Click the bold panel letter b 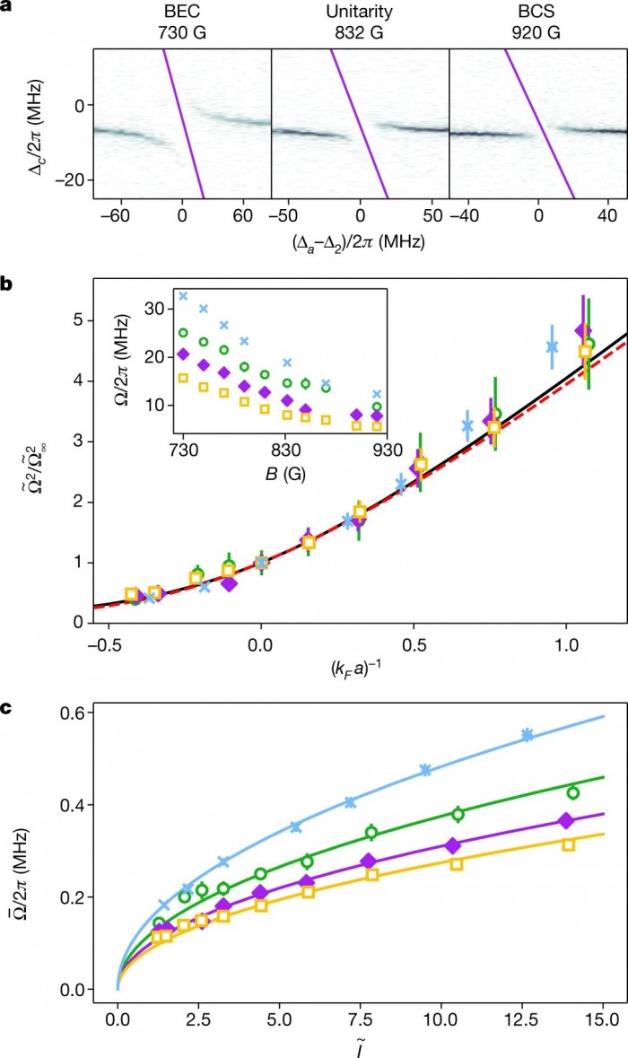pyautogui.click(x=6, y=284)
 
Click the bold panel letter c pyautogui.click(x=5, y=681)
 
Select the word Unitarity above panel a pyautogui.click(x=359, y=13)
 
